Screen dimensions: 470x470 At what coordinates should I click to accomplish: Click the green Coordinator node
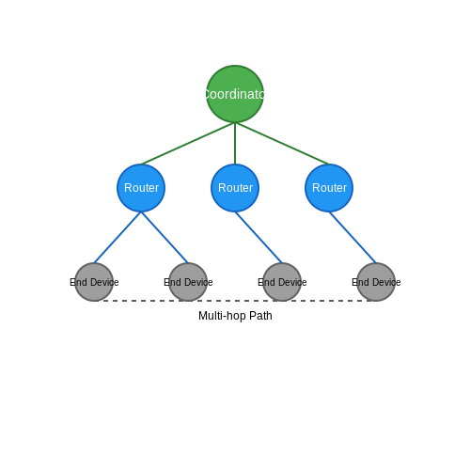coord(235,94)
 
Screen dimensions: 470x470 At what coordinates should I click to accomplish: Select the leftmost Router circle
coord(141,188)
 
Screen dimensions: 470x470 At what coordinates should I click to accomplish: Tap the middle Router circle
coord(235,188)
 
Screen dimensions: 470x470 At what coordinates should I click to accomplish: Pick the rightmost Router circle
coord(329,188)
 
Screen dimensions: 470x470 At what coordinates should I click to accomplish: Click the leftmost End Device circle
coord(94,282)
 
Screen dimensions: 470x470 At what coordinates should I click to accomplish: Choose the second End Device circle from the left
coord(188,282)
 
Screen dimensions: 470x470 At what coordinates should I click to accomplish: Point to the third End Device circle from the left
coord(282,282)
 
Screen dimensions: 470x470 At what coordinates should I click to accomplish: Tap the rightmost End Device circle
coord(376,282)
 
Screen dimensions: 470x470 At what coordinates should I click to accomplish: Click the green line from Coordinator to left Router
coord(188,144)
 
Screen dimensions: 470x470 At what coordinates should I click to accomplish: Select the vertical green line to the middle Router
coord(235,144)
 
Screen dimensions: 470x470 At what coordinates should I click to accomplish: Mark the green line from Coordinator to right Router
coord(282,144)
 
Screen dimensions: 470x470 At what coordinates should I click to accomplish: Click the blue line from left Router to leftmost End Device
coord(117,238)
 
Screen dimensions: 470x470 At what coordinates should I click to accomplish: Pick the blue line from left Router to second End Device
coord(164,238)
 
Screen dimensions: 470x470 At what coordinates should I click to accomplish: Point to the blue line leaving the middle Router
coord(258,238)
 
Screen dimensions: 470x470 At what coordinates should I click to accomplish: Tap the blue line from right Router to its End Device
coord(352,238)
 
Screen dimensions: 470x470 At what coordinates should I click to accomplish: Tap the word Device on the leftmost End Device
coord(104,282)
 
